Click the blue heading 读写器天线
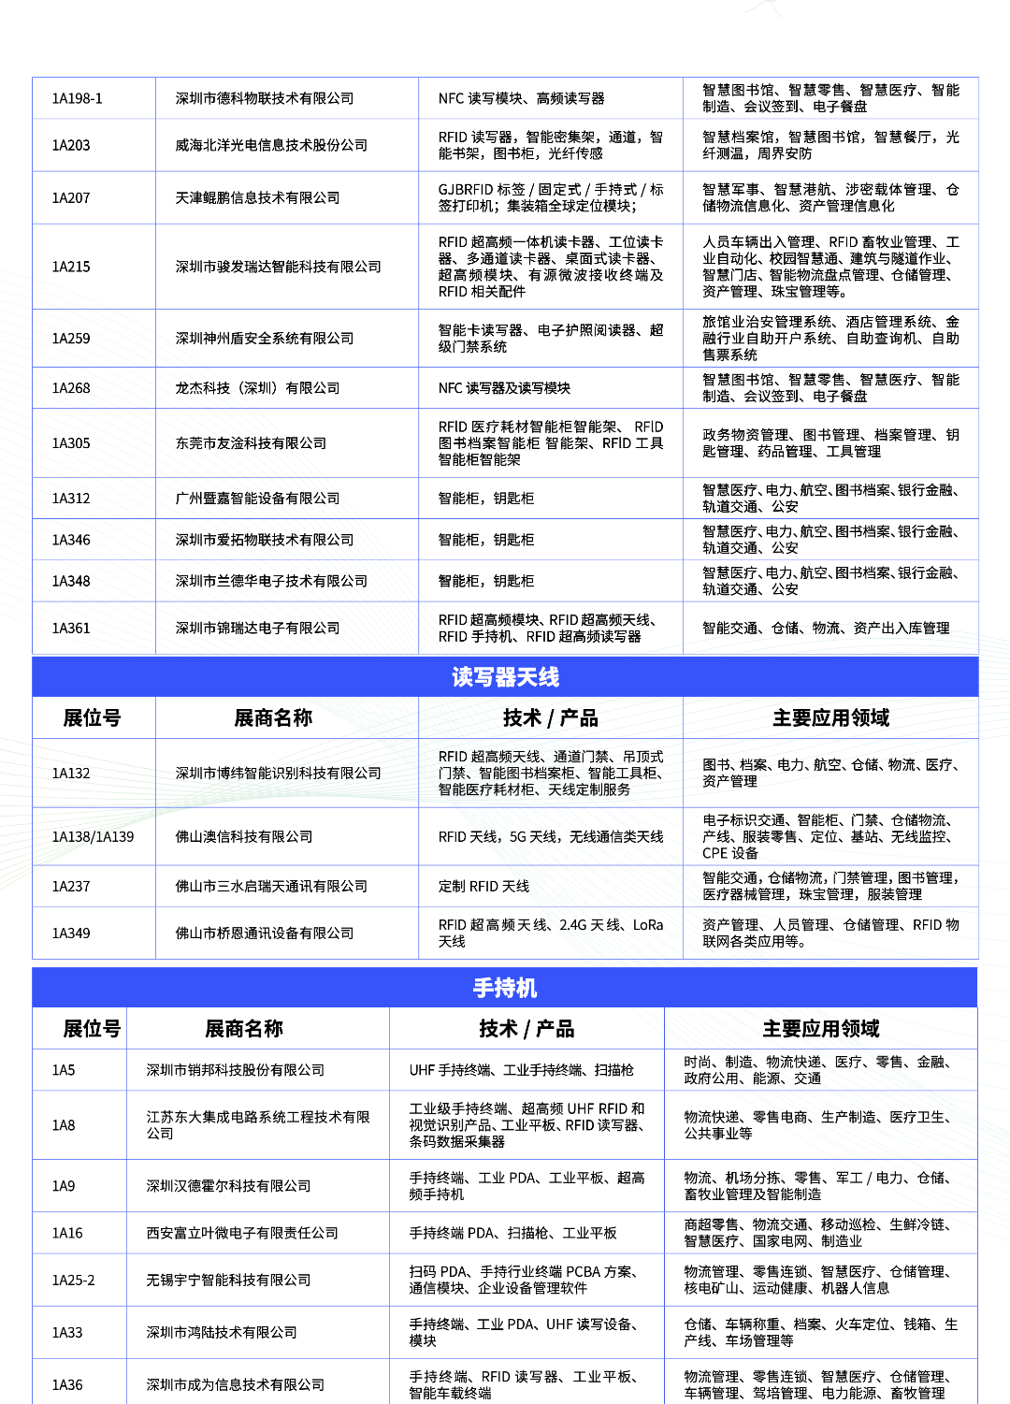pos(505,676)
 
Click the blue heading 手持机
pos(505,988)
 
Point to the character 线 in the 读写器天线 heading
pos(549,676)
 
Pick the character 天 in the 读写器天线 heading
pos(527,676)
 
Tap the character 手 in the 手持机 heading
pos(483,988)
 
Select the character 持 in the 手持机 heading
pos(505,988)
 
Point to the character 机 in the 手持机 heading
pos(527,988)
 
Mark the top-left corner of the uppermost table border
pos(33,78)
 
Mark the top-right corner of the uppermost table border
pos(978,78)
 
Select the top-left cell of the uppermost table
pos(94,98)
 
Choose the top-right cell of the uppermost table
pos(830,98)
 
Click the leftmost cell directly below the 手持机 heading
pos(79,1028)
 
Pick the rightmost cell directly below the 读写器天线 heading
pos(830,717)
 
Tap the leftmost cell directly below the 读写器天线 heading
pos(94,717)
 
